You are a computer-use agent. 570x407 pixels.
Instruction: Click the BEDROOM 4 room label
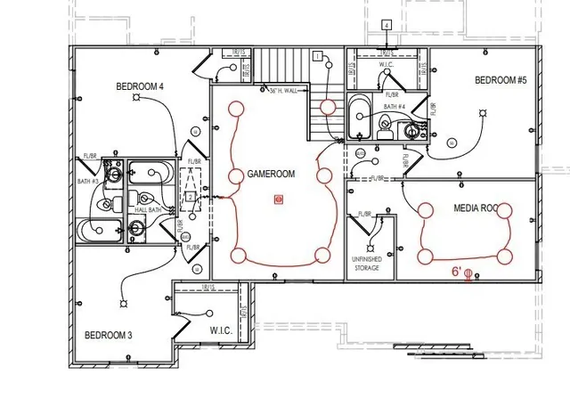(140, 86)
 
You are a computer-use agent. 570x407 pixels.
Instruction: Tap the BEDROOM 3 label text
(108, 335)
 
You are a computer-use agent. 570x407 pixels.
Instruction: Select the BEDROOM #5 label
(501, 80)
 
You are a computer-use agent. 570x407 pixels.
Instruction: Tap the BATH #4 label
(395, 108)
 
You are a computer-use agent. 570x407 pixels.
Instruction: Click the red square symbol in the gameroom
(279, 200)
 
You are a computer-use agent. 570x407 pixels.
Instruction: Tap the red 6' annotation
(456, 271)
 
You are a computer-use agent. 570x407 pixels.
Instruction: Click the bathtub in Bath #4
(358, 118)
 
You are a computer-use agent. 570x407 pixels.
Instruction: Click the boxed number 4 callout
(387, 24)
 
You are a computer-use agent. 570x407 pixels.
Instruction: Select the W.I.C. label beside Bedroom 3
(220, 330)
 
